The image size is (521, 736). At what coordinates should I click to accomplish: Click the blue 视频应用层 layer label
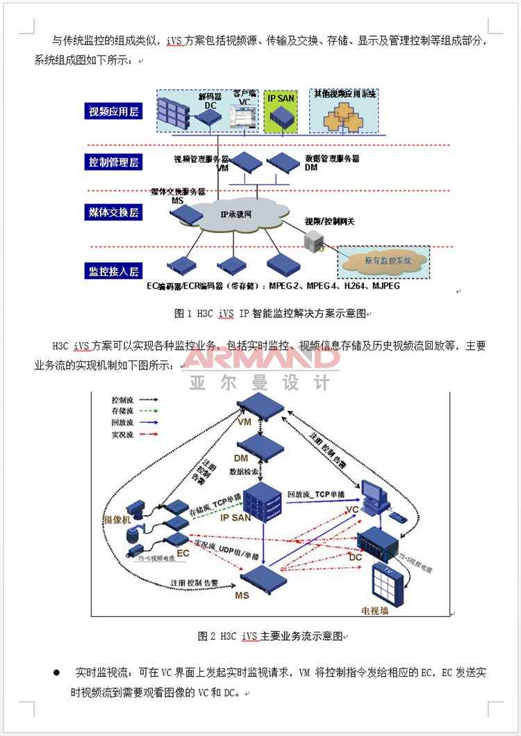pos(114,111)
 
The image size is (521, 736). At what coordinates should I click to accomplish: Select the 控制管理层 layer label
pos(114,162)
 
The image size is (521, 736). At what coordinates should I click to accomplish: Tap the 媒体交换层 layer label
pos(114,212)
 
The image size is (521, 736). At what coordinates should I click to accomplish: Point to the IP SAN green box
pos(281,111)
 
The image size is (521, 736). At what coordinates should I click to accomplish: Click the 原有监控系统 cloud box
pos(383,261)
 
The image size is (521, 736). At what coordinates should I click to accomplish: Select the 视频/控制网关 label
pos(329,221)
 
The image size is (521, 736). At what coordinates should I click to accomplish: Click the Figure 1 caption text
pos(270,314)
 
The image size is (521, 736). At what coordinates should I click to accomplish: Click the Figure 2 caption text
pos(270,636)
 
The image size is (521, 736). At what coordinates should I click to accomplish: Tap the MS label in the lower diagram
pos(242,595)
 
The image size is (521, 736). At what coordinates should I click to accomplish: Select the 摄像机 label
pos(117,519)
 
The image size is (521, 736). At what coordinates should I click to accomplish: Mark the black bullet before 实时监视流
pos(57,673)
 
